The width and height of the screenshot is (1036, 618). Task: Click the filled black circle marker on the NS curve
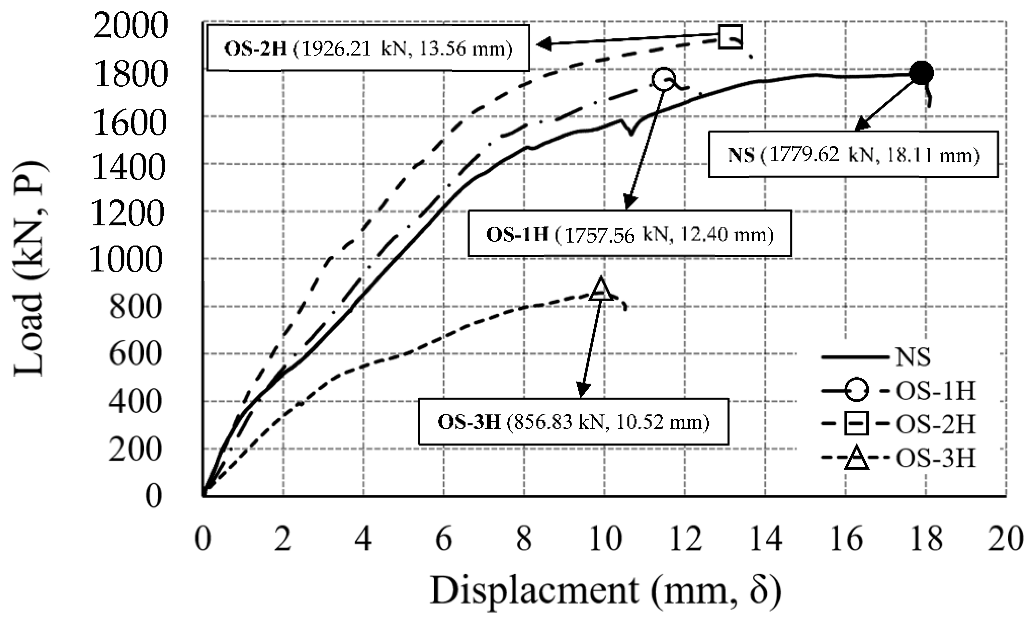[921, 73]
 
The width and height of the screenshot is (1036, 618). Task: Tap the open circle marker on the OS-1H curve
[663, 79]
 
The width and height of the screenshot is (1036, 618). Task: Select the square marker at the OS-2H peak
[730, 37]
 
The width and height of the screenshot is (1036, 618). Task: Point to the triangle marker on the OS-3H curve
[601, 289]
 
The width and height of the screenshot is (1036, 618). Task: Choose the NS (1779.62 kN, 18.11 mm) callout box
[853, 155]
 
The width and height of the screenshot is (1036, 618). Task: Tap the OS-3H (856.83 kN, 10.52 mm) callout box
[574, 422]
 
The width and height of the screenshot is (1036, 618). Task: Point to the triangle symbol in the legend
[856, 459]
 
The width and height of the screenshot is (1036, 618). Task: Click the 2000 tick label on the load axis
[130, 26]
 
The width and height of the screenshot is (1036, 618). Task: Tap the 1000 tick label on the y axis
[126, 259]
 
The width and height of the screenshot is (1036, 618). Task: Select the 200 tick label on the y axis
[135, 450]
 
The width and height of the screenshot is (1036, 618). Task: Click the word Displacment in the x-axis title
[535, 590]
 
